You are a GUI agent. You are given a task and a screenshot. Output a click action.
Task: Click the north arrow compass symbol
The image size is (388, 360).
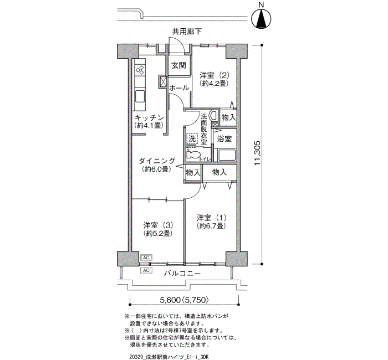click(x=261, y=19)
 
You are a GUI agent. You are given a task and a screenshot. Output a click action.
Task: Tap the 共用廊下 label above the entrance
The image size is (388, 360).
click(x=187, y=32)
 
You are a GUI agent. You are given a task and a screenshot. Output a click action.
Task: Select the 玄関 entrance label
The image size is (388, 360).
click(x=178, y=65)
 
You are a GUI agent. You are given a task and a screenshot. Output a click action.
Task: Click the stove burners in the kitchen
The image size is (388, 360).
click(x=140, y=70)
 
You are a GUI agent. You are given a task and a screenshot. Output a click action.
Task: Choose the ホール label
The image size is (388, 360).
click(x=179, y=88)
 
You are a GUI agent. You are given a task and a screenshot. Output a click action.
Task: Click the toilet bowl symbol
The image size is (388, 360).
click(x=193, y=155)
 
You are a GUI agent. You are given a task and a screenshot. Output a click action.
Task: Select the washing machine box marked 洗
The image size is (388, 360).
click(x=192, y=138)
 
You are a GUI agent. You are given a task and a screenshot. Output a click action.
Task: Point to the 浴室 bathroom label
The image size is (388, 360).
click(x=224, y=138)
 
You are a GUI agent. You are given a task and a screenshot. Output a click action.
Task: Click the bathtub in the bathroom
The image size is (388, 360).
click(x=226, y=155)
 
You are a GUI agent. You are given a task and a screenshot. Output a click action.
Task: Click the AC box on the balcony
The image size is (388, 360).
click(x=146, y=270)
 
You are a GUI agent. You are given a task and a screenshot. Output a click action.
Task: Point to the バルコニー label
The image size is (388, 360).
click(x=182, y=274)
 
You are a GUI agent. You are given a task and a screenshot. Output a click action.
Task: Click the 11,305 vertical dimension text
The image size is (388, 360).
click(x=257, y=153)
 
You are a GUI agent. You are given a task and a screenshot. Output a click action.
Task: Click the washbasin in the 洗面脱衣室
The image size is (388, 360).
click(x=213, y=115)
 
